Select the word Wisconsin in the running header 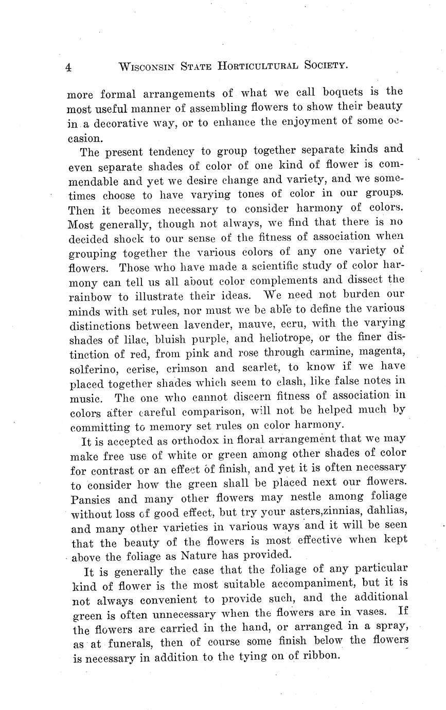pos(151,66)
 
